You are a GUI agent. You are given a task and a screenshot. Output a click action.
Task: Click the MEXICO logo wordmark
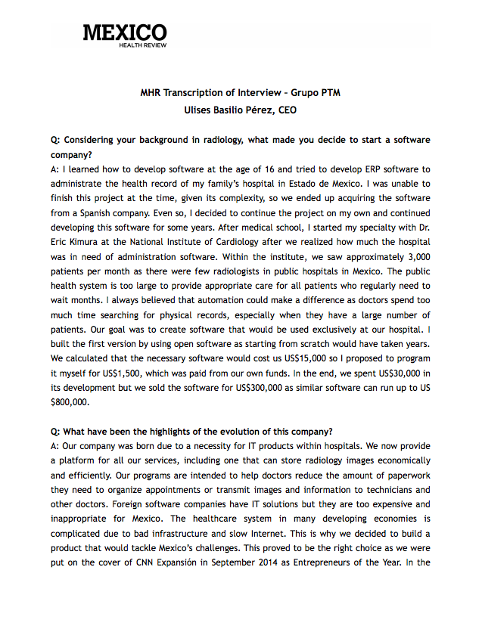(125, 33)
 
